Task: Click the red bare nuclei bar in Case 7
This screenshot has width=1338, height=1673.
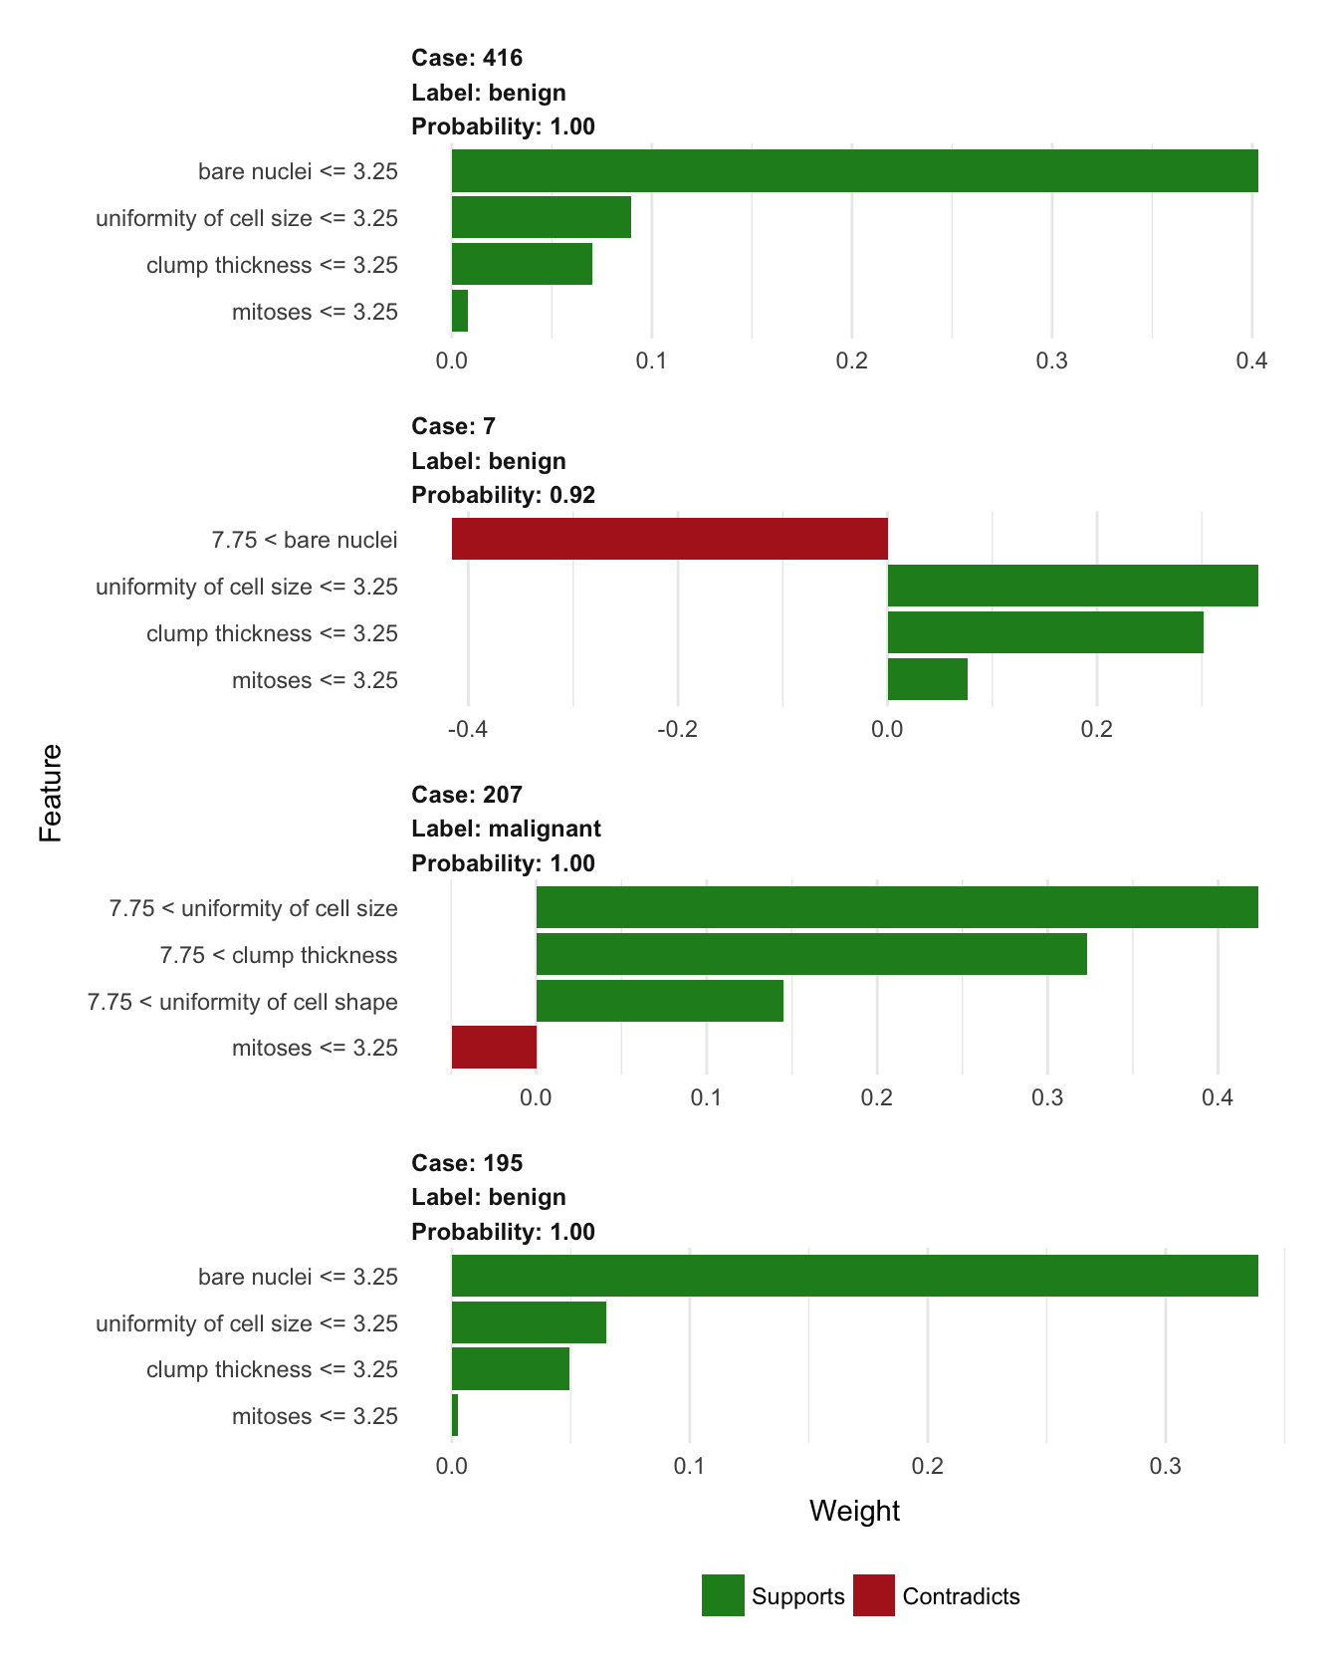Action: tap(669, 539)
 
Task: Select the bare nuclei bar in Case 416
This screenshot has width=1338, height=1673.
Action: tap(854, 170)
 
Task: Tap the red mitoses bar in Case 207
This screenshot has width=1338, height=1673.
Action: tap(494, 1048)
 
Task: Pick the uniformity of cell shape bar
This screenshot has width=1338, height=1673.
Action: tap(659, 1001)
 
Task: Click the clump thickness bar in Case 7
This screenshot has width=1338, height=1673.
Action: tap(1045, 632)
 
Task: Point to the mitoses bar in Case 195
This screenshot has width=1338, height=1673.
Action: tap(455, 1415)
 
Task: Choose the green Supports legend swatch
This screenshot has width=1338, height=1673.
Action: tap(723, 1595)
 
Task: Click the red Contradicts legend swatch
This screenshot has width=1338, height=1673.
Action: tap(874, 1595)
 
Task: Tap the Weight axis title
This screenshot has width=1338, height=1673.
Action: tap(854, 1511)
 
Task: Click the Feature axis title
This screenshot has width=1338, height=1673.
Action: tap(51, 793)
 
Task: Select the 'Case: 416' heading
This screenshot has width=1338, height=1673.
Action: tap(467, 58)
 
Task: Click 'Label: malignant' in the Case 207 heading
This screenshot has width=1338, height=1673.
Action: tap(506, 829)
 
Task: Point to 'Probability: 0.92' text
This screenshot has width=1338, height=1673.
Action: tap(503, 495)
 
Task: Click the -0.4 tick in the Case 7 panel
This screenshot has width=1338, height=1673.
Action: tap(468, 729)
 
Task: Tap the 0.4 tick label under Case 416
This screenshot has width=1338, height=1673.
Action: tap(1251, 360)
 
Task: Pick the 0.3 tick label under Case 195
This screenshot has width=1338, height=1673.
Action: tap(1165, 1466)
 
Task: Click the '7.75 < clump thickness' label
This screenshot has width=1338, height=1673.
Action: tap(278, 955)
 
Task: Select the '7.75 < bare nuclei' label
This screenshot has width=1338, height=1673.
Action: tap(304, 540)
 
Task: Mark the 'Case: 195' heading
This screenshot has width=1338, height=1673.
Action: tap(467, 1163)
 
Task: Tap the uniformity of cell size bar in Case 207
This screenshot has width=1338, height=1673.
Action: tap(896, 907)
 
